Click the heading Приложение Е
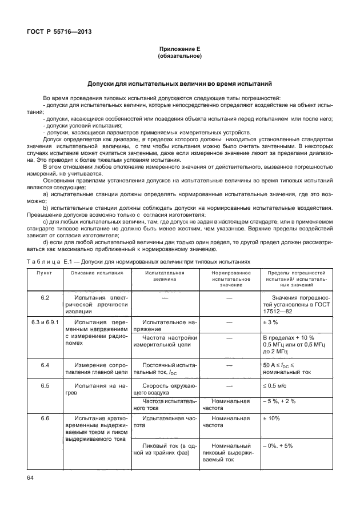tap(180, 50)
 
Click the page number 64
tap(31, 477)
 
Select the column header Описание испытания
tap(97, 273)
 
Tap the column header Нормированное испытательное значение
tap(227, 278)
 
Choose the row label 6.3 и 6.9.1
tap(45, 322)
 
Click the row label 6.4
tap(45, 364)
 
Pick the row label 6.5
tap(45, 385)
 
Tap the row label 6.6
tap(45, 419)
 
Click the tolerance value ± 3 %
tap(270, 322)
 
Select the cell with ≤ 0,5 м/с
tap(275, 385)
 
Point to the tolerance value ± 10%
tap(271, 419)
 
